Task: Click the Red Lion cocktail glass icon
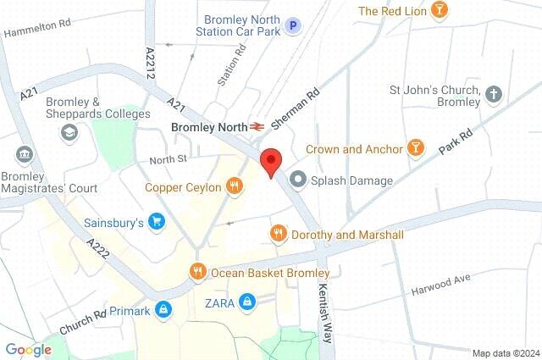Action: point(439,10)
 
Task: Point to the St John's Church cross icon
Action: point(495,94)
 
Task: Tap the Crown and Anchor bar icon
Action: point(415,148)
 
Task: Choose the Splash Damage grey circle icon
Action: point(297,180)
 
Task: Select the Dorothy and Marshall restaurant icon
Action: point(277,233)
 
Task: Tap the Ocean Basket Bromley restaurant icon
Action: point(196,272)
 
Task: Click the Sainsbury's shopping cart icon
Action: point(156,223)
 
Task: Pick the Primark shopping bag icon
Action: point(163,311)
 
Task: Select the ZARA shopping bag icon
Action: point(246,301)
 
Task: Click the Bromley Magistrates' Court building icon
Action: point(23,155)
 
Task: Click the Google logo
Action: point(28,349)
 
